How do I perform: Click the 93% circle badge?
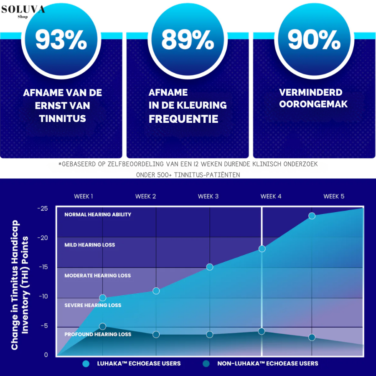point(61,41)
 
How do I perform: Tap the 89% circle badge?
point(188,41)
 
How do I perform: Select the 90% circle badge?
point(314,41)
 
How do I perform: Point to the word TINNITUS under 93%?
point(63,119)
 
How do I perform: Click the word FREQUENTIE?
point(183,119)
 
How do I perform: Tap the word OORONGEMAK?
point(313,104)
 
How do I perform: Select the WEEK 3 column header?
point(208,196)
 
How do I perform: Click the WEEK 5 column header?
point(334,196)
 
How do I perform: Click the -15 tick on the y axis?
point(43,267)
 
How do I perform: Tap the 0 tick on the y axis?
point(46,356)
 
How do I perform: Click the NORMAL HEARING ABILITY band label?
point(98,215)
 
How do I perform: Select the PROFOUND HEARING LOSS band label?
point(98,335)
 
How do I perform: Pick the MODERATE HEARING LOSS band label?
point(98,276)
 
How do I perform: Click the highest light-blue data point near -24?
point(312,216)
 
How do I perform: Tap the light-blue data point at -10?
point(103,298)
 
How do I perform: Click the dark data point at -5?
point(103,326)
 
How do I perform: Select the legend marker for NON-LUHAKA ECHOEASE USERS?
point(206,363)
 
